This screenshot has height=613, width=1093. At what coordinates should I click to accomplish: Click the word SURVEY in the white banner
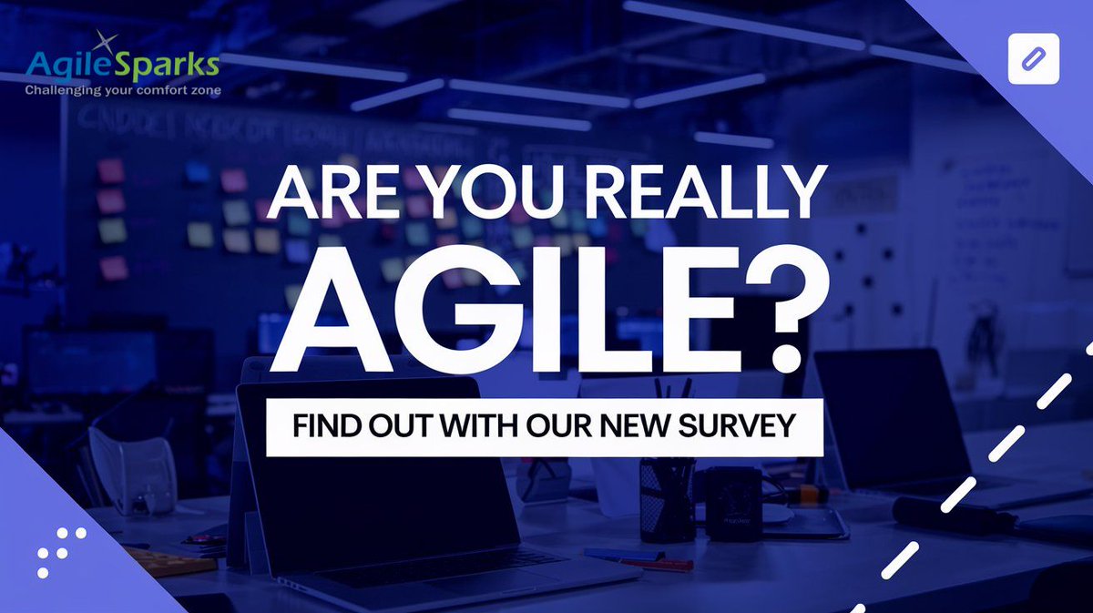pyautogui.click(x=743, y=425)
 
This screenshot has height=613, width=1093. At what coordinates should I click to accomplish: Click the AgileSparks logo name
pyautogui.click(x=122, y=64)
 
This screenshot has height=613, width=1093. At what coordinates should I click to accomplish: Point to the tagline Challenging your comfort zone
pyautogui.click(x=122, y=90)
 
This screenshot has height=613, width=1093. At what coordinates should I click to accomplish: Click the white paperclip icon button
pyautogui.click(x=1034, y=58)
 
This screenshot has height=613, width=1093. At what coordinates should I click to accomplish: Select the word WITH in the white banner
pyautogui.click(x=475, y=425)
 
